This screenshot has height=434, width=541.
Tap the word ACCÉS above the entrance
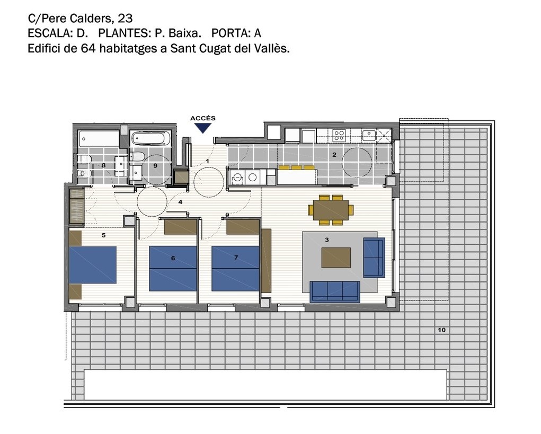pyautogui.click(x=203, y=118)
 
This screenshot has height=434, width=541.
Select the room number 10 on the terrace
pyautogui.click(x=441, y=330)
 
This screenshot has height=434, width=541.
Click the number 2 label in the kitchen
pyautogui.click(x=334, y=155)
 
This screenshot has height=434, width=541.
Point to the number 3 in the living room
pyautogui.click(x=327, y=240)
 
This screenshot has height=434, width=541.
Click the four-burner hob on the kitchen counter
pyautogui.click(x=338, y=135)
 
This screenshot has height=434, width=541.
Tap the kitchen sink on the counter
pyautogui.click(x=369, y=135)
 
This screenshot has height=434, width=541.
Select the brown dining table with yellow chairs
pyautogui.click(x=331, y=210)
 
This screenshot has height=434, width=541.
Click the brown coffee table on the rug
pyautogui.click(x=336, y=258)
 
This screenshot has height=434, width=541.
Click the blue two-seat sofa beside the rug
pyautogui.click(x=374, y=258)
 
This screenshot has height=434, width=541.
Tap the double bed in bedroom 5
pyautogui.click(x=93, y=265)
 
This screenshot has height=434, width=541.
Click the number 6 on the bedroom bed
pyautogui.click(x=173, y=258)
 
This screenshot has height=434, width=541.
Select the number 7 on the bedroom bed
pyautogui.click(x=236, y=258)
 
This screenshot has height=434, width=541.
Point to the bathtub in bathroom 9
pyautogui.click(x=151, y=138)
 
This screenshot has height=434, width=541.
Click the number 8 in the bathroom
pyautogui.click(x=103, y=165)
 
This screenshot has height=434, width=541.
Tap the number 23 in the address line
pyautogui.click(x=125, y=18)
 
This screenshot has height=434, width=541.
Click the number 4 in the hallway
pyautogui.click(x=180, y=202)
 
